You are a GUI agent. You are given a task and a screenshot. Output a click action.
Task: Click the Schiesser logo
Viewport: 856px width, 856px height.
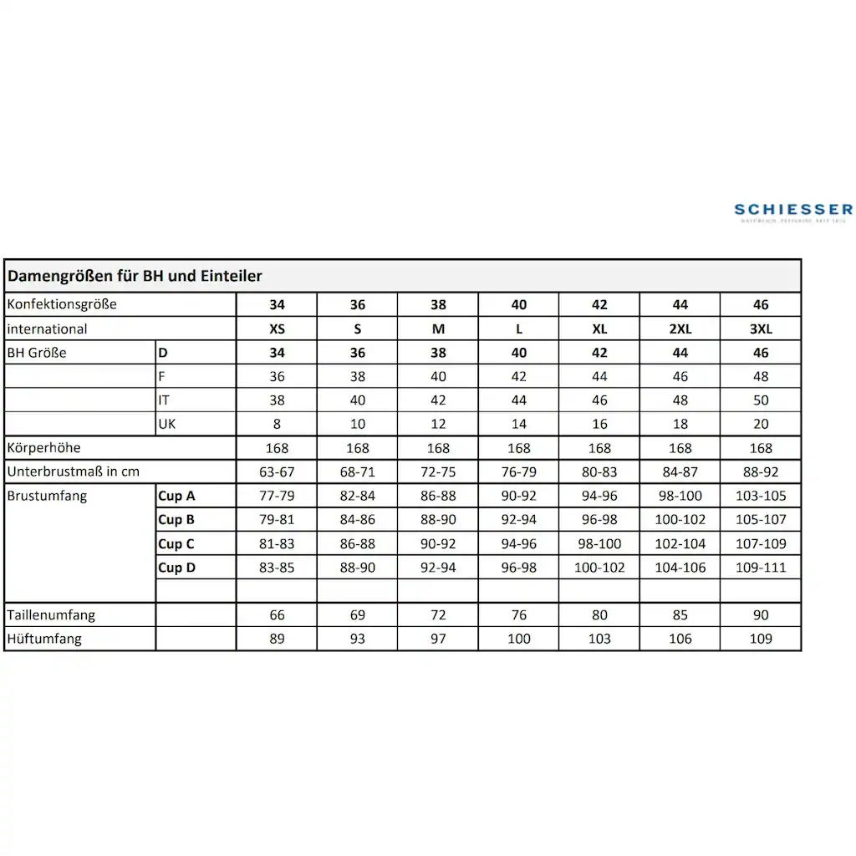(x=792, y=211)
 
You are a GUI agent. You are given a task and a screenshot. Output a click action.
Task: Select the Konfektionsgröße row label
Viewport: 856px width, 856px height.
(x=62, y=304)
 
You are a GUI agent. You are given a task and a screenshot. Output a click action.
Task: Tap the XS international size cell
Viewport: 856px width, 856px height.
(x=277, y=329)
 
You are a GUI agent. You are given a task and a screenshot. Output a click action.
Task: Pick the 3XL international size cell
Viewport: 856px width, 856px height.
(x=761, y=329)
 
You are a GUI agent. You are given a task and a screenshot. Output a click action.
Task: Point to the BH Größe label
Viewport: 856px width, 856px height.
(x=37, y=353)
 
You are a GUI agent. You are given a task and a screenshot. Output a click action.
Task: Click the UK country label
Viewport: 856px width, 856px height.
(x=168, y=424)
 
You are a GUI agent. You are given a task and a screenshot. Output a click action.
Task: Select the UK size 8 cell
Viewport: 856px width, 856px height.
(x=277, y=424)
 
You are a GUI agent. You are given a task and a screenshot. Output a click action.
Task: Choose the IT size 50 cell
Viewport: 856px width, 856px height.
(x=761, y=400)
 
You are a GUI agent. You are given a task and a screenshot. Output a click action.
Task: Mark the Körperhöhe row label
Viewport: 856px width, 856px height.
(x=43, y=448)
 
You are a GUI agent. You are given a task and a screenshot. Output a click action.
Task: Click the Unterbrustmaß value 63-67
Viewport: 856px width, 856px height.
(x=277, y=471)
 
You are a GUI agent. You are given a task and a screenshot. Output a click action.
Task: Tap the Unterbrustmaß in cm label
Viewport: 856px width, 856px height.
(x=74, y=471)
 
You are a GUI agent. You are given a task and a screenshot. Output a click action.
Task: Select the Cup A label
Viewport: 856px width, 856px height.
(x=176, y=496)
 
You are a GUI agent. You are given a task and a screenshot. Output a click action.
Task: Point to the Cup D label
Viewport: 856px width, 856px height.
(x=176, y=568)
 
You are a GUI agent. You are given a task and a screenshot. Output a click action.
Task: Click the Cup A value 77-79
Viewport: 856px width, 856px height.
(x=277, y=496)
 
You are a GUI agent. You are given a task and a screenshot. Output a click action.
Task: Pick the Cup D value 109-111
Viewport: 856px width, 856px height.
(x=761, y=568)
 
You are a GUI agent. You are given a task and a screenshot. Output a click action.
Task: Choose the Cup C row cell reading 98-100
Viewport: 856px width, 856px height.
(x=599, y=543)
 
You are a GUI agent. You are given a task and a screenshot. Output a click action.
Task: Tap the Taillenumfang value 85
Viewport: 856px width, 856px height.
(x=680, y=615)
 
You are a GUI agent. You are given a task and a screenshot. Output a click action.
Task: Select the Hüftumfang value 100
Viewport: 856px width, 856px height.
(x=519, y=639)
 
